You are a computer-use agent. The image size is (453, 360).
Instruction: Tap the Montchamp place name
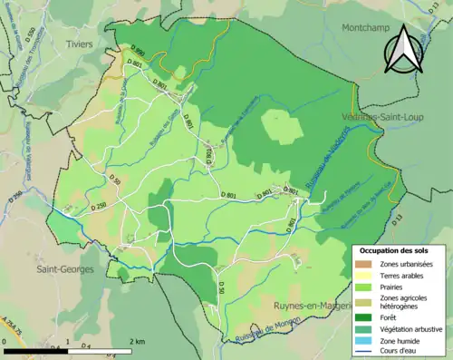(367, 28)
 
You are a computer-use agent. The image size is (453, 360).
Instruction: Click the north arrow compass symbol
(404, 46)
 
